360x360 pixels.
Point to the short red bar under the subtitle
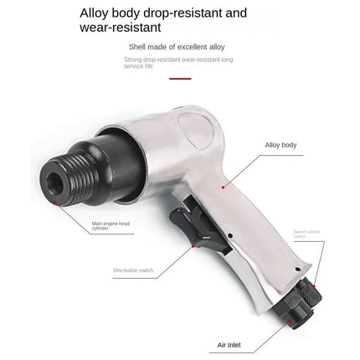(x=180, y=79)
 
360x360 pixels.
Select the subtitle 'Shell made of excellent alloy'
(x=177, y=47)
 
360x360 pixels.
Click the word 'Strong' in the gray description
(x=135, y=59)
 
